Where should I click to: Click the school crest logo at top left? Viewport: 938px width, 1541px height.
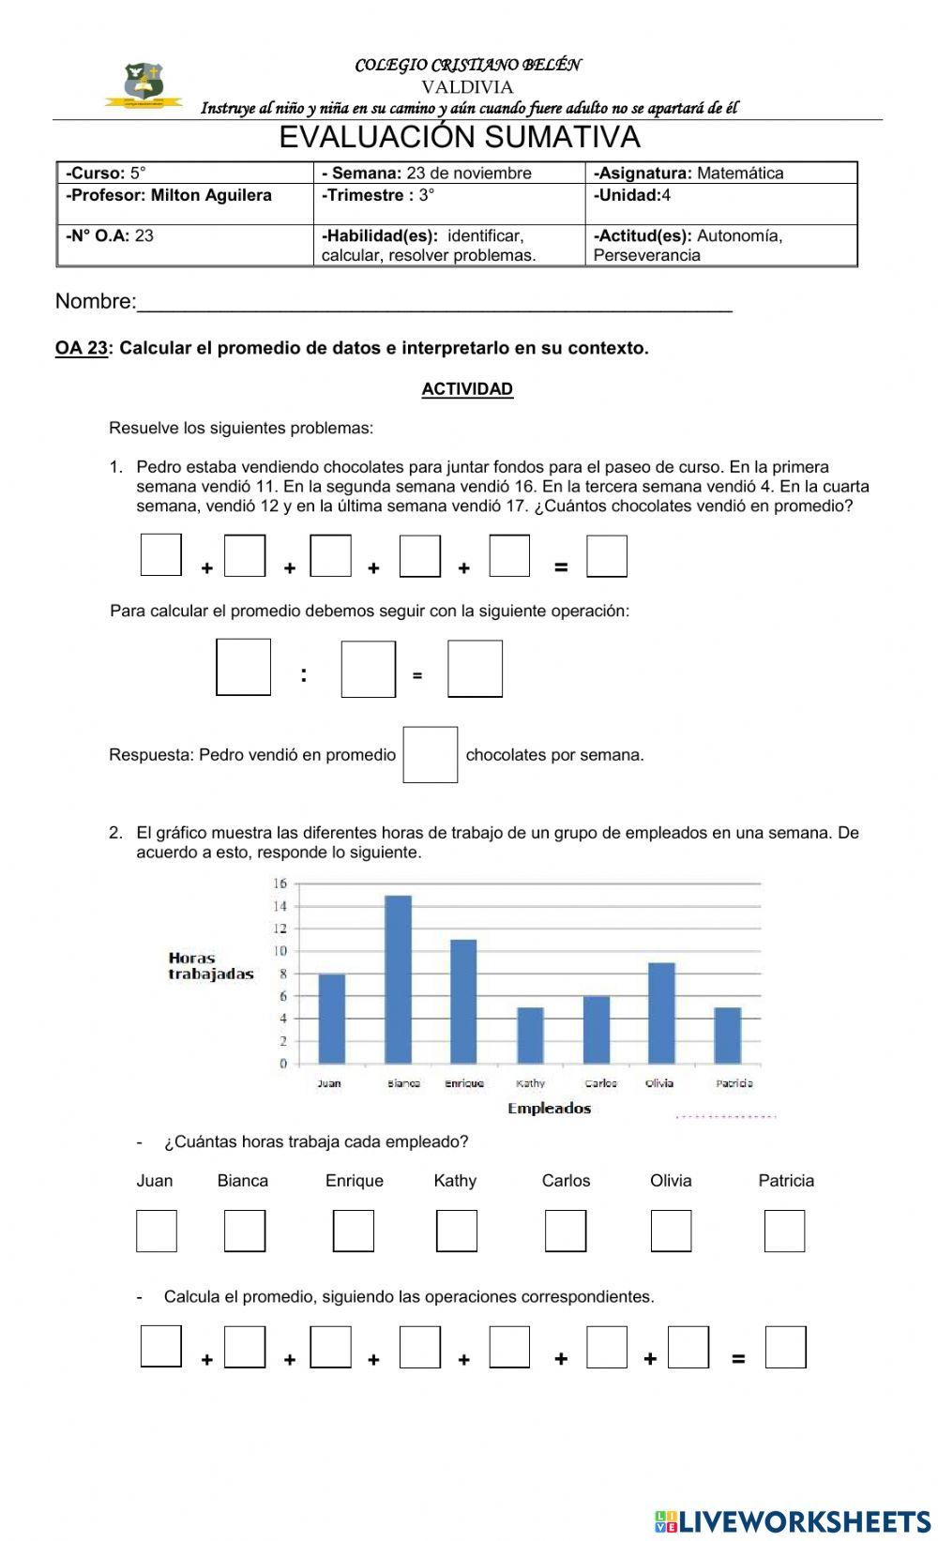tap(144, 84)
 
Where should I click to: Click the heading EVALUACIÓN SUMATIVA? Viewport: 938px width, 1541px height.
tap(460, 138)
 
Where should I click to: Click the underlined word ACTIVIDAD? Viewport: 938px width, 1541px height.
tap(467, 389)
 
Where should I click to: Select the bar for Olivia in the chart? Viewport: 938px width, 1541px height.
tap(661, 1012)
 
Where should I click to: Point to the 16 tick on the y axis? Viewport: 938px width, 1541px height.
tap(280, 884)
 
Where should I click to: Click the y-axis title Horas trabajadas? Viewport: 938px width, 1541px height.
tap(211, 966)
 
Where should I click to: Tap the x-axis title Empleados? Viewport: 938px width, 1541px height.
tap(550, 1109)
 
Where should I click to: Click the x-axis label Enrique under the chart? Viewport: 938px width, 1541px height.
tap(464, 1083)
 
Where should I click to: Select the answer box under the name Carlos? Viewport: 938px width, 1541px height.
tap(566, 1231)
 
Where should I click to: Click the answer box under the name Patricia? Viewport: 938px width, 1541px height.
tap(784, 1231)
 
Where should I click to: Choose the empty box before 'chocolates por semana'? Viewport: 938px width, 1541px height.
tap(431, 754)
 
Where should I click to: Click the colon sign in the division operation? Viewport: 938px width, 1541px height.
tap(304, 674)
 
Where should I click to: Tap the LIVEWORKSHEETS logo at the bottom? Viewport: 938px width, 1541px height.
tap(792, 1520)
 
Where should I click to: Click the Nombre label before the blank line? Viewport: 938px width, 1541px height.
tap(95, 301)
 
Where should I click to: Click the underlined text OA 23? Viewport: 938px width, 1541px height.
tap(82, 348)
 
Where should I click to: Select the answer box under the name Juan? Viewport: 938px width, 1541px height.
tap(157, 1231)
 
